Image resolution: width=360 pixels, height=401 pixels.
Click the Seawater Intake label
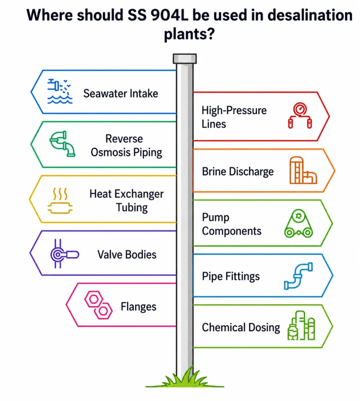pos(121,93)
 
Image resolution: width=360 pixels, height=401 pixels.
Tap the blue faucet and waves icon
pos(60,91)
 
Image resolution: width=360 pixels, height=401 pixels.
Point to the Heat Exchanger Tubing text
pos(126,200)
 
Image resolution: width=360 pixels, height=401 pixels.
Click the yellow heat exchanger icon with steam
pos(60,201)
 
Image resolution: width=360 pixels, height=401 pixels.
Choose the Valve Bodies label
pos(127,255)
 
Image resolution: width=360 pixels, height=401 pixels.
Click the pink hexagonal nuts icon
pos(98,305)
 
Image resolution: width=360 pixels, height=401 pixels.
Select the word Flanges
pos(138,307)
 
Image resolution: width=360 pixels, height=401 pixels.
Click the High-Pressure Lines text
pos(234,117)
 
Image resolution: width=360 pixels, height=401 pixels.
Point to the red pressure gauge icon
pos(300,116)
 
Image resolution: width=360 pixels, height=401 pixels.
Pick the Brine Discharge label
pos(238,172)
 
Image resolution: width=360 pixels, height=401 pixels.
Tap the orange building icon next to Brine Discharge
pos(303,170)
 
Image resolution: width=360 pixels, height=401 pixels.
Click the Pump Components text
pos(232,224)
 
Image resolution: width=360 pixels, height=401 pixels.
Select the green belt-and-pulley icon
pos(298,224)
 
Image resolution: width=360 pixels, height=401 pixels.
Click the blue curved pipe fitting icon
pos(298,276)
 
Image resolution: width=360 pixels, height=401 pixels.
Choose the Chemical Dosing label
pos(241,327)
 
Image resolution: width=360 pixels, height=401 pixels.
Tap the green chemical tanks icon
pos(301,325)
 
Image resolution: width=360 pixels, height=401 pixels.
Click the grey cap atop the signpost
pos(185,59)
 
